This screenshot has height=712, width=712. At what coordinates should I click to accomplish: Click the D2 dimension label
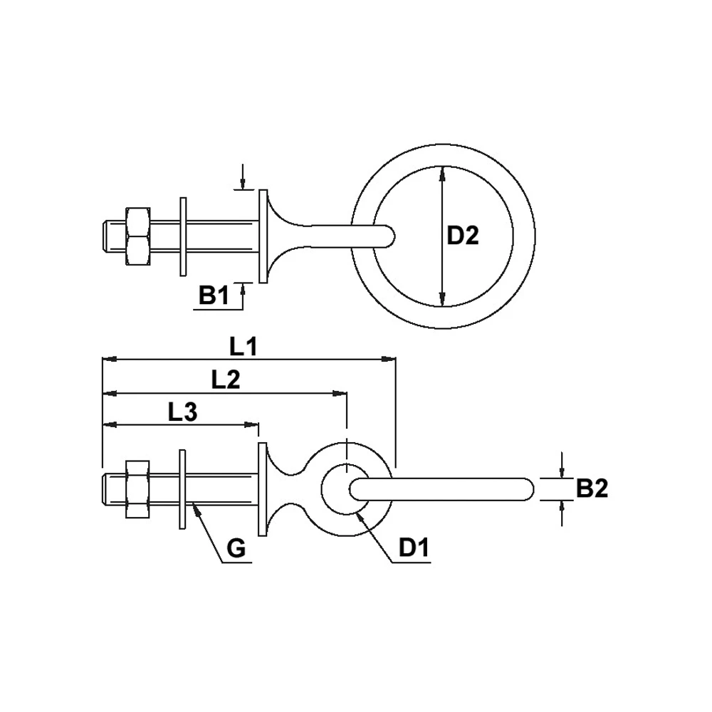463,236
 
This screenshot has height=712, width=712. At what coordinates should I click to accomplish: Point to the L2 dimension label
226,380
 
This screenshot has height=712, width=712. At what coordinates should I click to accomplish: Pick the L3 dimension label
182,412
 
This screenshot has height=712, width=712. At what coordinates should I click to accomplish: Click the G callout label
236,549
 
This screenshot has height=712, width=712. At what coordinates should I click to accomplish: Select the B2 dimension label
592,488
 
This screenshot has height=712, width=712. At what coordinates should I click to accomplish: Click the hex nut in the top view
137,237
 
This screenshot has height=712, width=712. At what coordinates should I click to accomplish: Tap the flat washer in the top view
183,237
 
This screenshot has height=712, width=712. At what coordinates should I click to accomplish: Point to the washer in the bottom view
182,489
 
